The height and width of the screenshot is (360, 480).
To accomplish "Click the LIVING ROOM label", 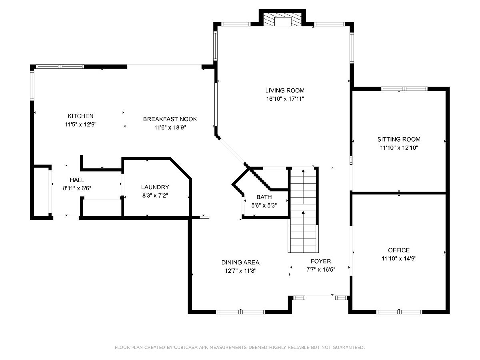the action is point(285,90).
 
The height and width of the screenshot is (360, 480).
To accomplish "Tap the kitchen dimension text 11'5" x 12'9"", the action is point(81,124).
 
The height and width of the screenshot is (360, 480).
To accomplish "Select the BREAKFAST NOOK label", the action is point(170,119).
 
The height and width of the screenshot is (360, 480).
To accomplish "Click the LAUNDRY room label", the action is point(155,187).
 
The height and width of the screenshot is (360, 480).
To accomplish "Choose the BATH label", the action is point(264,197).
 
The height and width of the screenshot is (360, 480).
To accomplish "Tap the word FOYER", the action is point(321,261).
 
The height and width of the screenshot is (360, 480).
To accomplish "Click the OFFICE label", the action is point(399,250).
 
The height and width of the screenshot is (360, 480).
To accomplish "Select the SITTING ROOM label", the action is point(399,139).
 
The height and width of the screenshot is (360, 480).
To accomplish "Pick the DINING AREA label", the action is point(240,262).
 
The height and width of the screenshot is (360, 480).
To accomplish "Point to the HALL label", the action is point(77,180).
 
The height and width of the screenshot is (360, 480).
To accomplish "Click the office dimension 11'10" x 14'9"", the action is point(399,258).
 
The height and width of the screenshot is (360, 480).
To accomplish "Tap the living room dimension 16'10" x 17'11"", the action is point(285,99).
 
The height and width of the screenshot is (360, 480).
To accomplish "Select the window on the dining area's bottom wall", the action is point(240,312).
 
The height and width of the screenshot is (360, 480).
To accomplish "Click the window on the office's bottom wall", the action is point(399,312).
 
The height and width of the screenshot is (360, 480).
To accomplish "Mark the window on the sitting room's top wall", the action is point(404,89).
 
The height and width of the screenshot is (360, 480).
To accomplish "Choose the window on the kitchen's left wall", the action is point(32,85).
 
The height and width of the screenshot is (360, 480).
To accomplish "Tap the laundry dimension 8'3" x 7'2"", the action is point(155,196).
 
